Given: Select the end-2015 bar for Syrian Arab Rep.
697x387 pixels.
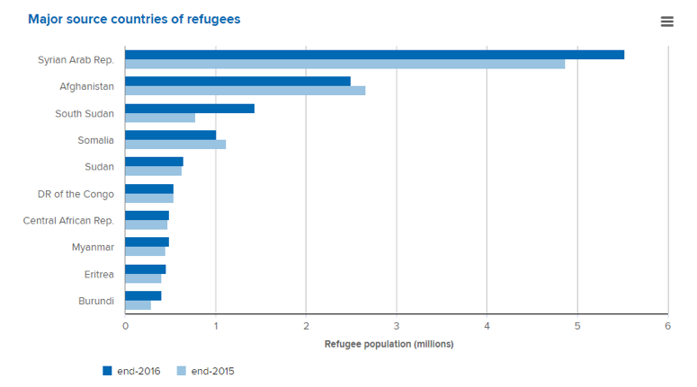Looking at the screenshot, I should [x=344, y=65].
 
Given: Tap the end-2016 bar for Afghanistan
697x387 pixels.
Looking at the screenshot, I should [x=237, y=82].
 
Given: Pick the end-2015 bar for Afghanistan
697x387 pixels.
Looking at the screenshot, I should [x=245, y=91].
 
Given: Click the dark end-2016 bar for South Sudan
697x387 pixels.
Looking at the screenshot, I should [x=190, y=109].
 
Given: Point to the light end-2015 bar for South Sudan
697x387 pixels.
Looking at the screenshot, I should [x=160, y=118].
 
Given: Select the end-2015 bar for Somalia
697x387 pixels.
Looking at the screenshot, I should [x=175, y=145].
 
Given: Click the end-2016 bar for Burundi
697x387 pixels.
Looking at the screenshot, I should [x=143, y=295].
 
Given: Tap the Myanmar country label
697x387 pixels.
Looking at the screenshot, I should [x=93, y=247].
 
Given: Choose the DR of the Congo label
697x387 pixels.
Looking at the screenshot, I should [x=76, y=193].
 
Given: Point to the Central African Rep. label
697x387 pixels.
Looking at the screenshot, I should [x=68, y=220].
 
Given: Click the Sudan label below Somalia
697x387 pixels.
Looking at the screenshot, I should [x=99, y=166].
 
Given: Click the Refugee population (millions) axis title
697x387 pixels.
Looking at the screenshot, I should [x=389, y=344].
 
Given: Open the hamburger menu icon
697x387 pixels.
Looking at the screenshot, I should [x=666, y=22].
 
